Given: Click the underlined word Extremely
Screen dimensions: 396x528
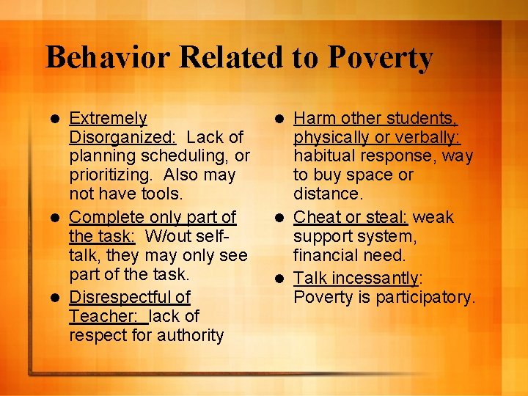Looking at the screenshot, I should pyautogui.click(x=108, y=118).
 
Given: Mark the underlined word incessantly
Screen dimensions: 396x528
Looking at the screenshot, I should pyautogui.click(x=375, y=278).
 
